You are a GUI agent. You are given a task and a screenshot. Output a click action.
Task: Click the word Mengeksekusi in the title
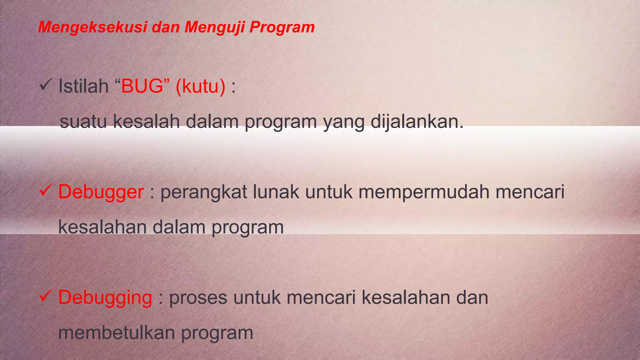pos(92,27)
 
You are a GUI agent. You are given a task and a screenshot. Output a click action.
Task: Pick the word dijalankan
pos(417,122)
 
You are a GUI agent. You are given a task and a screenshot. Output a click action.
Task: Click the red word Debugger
pos(101,192)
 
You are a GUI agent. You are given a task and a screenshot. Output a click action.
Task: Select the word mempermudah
pos(424,192)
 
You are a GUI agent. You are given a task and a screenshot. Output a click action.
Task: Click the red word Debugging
pos(105,297)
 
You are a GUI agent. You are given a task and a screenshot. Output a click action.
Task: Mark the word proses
pos(198,298)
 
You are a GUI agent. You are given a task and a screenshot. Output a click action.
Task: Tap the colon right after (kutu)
pos(233,87)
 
